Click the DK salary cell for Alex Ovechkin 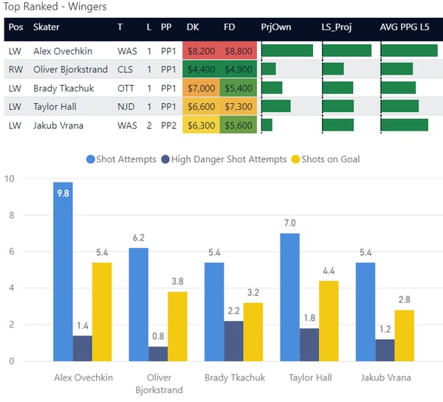(x=202, y=51)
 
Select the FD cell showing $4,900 (x=238, y=69)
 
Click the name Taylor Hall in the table (x=55, y=107)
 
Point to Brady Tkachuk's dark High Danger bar (x=234, y=341)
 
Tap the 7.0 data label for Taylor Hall (x=289, y=223)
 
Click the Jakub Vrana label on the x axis (x=385, y=377)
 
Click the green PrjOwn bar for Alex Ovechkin (x=287, y=51)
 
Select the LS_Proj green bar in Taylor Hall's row (x=338, y=107)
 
